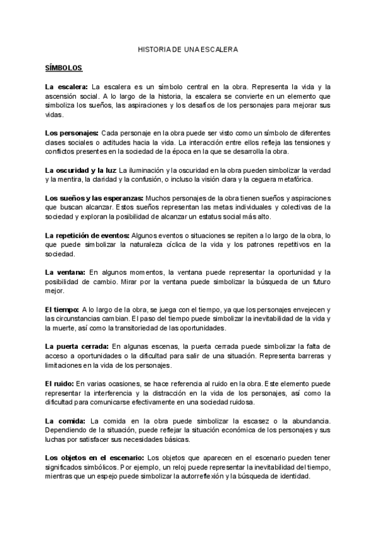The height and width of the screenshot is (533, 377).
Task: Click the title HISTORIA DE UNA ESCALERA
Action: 188,48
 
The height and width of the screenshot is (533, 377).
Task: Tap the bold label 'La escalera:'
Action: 67,86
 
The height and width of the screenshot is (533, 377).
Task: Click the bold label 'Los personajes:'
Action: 72,133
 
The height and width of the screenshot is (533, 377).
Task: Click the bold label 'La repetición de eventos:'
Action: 87,235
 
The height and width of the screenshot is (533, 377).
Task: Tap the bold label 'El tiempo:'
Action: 62,309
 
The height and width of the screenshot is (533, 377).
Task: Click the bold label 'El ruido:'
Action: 59,383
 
